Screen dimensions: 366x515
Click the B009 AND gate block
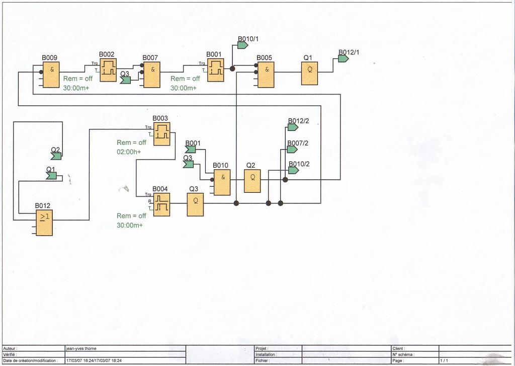point(51,75)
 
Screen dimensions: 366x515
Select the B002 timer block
point(108,70)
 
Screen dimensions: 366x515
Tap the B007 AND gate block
point(152,75)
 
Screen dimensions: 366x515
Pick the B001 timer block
point(216,70)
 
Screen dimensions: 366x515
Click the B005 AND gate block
point(266,75)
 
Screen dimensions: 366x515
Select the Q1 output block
point(309,74)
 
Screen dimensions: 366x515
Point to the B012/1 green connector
point(344,58)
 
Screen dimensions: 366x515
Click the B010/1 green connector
point(242,45)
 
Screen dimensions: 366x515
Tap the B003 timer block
point(161,134)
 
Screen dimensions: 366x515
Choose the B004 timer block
point(161,204)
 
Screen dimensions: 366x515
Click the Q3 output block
point(195,204)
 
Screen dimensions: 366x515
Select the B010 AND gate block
point(222,182)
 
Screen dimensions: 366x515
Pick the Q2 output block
point(252,181)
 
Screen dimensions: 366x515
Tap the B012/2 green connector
point(293,127)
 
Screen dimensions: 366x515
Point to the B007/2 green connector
point(293,150)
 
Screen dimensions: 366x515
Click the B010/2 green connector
point(293,171)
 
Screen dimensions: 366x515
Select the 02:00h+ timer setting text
point(129,152)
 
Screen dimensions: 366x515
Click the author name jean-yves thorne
point(83,348)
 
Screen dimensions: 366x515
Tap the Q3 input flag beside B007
point(126,80)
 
